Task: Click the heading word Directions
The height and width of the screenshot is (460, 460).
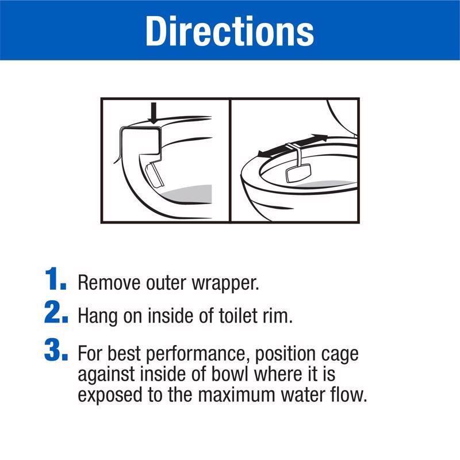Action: (229, 31)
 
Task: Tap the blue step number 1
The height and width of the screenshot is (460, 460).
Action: (55, 279)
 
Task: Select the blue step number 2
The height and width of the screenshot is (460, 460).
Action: (56, 312)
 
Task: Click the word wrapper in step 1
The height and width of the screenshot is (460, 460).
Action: (225, 284)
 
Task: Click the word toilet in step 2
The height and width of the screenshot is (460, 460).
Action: (236, 316)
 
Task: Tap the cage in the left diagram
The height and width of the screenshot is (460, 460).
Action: (155, 175)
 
